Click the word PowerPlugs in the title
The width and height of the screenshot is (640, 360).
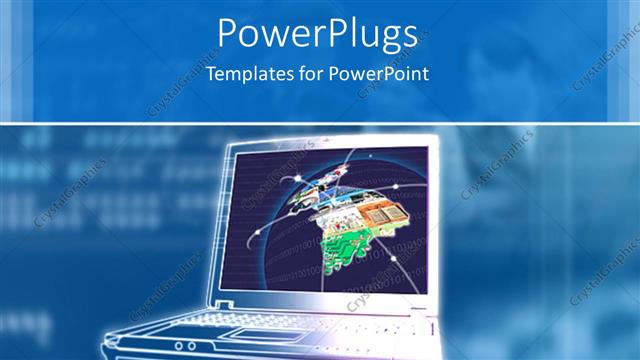(x=318, y=35)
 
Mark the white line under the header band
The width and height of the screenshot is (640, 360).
(x=320, y=123)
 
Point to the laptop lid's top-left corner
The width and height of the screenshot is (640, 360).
(x=232, y=146)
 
